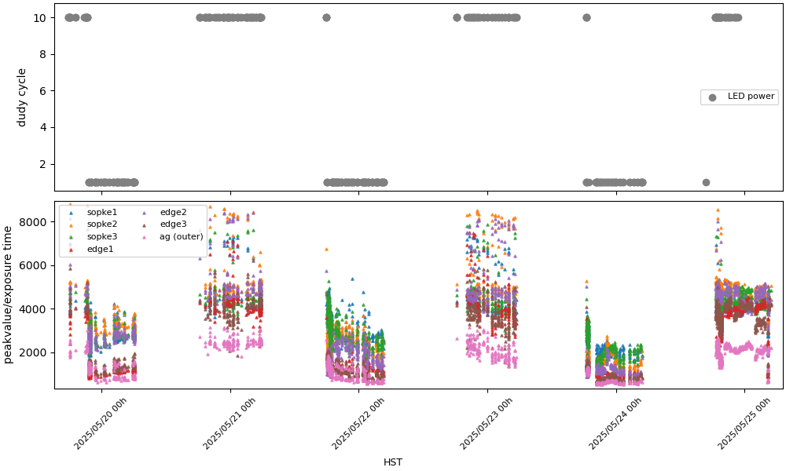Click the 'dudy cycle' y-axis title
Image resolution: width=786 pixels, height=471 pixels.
click(x=22, y=97)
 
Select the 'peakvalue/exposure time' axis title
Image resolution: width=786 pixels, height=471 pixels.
click(x=9, y=294)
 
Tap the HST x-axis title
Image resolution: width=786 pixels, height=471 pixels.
click(x=393, y=462)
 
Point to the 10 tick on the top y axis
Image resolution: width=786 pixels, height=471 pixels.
click(x=44, y=17)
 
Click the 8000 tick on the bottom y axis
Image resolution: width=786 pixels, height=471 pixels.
click(x=36, y=222)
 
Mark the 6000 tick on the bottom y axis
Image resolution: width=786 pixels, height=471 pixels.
click(x=36, y=265)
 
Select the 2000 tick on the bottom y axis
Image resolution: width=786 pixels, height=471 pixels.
click(x=36, y=352)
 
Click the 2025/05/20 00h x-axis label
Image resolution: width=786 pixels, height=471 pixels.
click(x=100, y=424)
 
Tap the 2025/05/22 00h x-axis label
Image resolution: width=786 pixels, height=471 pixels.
click(x=358, y=424)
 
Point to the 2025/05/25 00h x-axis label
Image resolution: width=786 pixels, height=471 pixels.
click(x=744, y=424)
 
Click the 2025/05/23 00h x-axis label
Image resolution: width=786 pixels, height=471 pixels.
click(x=487, y=424)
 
